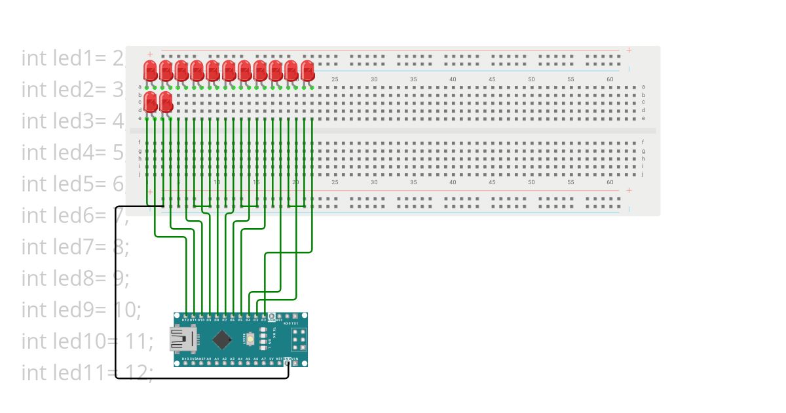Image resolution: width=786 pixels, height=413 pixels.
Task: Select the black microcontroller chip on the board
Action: (x=223, y=339)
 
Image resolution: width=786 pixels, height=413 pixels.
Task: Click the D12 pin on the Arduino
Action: (x=186, y=316)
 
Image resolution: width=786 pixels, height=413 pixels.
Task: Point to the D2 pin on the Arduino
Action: (x=264, y=316)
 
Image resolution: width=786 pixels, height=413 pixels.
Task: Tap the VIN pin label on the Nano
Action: (x=295, y=359)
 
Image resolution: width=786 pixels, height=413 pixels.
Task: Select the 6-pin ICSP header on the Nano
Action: (x=299, y=340)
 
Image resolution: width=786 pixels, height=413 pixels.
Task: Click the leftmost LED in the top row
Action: (x=150, y=71)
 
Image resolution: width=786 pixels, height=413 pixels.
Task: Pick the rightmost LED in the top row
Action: (x=307, y=71)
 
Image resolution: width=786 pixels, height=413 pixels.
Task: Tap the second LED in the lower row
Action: (x=166, y=102)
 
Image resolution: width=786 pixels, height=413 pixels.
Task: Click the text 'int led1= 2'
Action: (x=73, y=58)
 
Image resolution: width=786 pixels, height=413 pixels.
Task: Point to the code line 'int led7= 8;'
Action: (x=75, y=246)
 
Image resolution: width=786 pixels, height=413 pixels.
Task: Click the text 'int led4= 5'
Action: (x=73, y=152)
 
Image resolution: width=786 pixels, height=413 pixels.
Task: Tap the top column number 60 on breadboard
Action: (x=610, y=79)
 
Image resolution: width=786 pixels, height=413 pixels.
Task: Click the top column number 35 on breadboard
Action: (x=413, y=79)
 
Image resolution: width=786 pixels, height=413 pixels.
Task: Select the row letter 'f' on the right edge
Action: (x=643, y=142)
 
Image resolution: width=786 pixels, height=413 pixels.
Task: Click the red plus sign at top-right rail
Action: (x=629, y=50)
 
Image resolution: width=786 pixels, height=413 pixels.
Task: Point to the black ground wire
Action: (x=117, y=295)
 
